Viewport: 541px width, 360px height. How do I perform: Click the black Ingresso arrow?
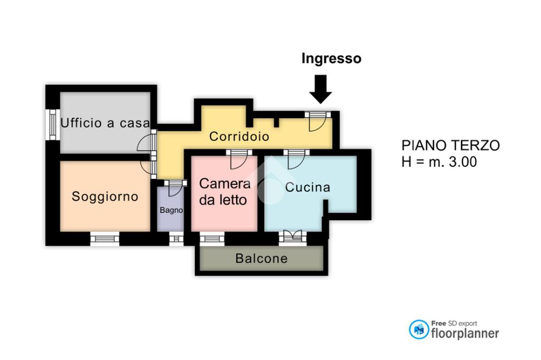pos(320,89)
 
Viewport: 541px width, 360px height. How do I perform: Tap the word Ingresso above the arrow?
pos(331,59)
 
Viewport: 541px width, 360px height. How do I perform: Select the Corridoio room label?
pos(239,137)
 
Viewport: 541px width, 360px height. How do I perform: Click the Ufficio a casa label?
pos(105,124)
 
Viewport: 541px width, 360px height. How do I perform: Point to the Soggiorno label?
pos(105,197)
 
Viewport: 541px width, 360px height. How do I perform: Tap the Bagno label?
pos(171,210)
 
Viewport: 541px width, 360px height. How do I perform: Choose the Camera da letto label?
pos(225,192)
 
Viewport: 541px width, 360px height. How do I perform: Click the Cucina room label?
pos(307,187)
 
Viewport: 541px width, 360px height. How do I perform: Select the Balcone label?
pos(262,259)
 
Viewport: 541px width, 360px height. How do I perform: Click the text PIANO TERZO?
pos(450,146)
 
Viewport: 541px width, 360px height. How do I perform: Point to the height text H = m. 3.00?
pos(439,162)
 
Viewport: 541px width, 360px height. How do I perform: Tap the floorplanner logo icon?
pos(419,329)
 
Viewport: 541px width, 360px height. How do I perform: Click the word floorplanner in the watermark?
pos(465,333)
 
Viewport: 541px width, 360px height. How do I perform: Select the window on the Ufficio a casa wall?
pos(53,124)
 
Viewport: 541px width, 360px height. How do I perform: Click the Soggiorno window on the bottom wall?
pos(105,239)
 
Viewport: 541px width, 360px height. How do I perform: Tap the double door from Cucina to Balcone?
pos(292,237)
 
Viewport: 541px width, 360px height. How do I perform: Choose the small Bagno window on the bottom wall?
pos(176,239)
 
